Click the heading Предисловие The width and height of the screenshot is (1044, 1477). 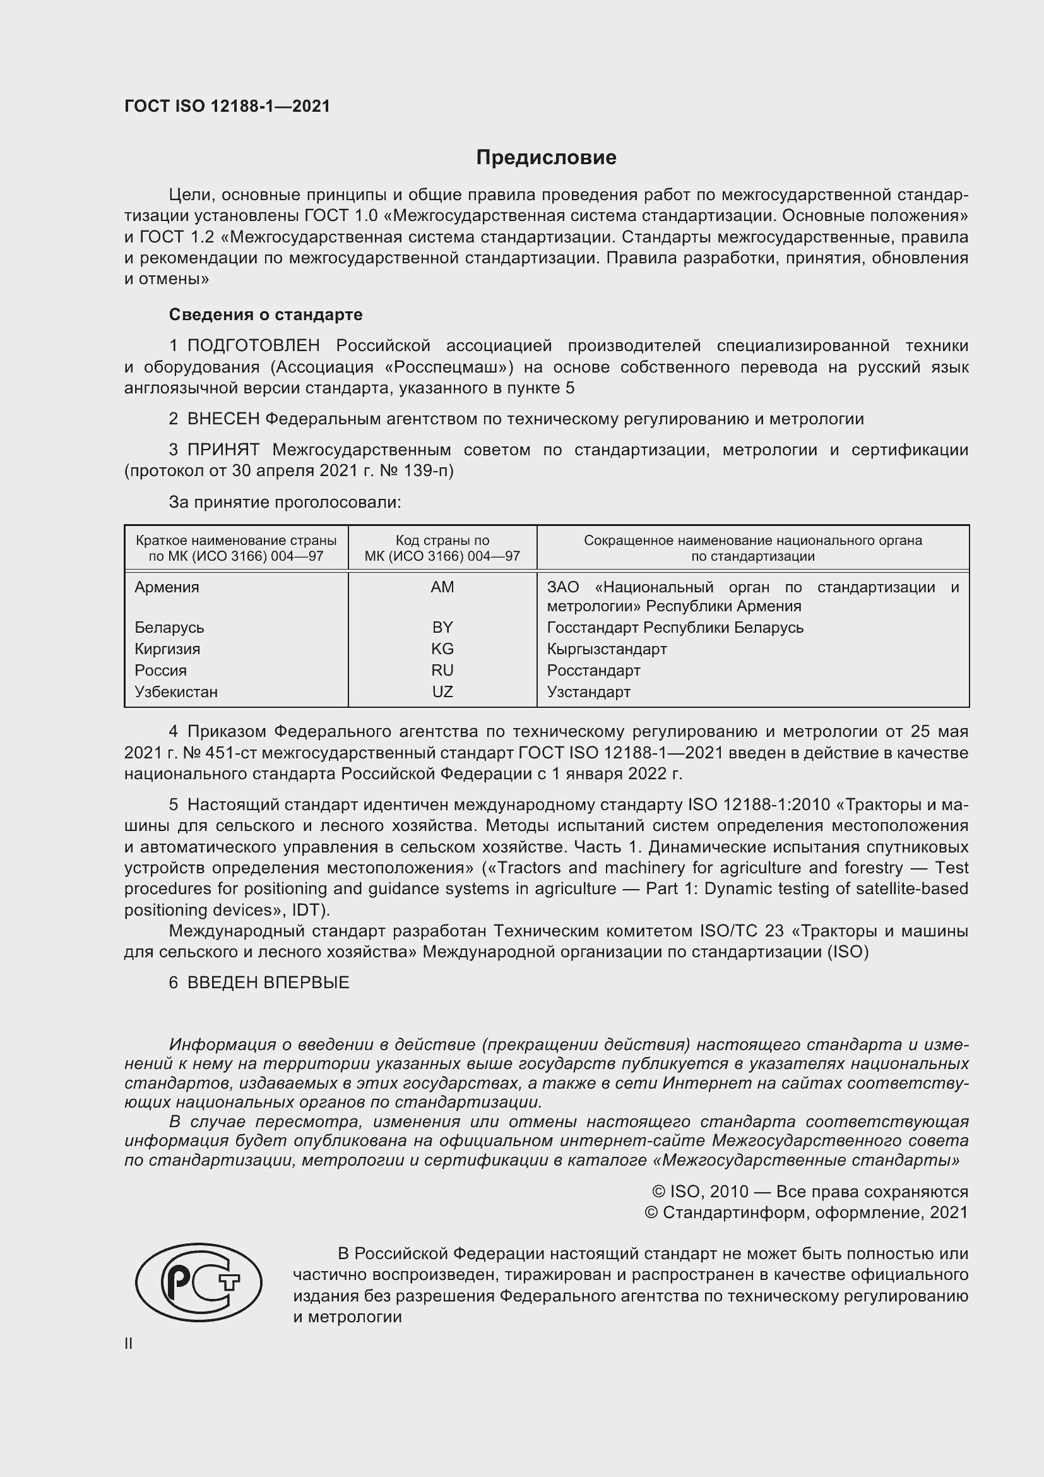coord(546,158)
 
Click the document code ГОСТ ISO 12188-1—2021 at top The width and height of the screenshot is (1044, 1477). coord(227,106)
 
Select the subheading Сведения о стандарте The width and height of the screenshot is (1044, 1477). coord(265,314)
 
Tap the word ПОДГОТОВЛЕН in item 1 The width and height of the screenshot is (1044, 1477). coord(253,346)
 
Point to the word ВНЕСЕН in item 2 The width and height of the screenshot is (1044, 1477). coord(223,419)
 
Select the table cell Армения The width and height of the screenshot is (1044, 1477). coord(167,587)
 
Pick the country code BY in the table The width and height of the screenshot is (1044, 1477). coord(442,627)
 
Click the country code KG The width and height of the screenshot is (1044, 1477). coord(442,649)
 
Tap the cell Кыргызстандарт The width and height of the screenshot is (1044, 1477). coord(606,649)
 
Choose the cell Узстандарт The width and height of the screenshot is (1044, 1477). coord(588,692)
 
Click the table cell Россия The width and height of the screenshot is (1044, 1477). coord(161,671)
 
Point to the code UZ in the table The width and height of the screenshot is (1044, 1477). coord(442,692)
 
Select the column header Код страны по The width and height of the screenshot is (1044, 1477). coord(442,541)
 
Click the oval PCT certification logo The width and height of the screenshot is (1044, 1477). coord(199,1282)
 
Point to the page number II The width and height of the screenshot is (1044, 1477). coord(129,1343)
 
